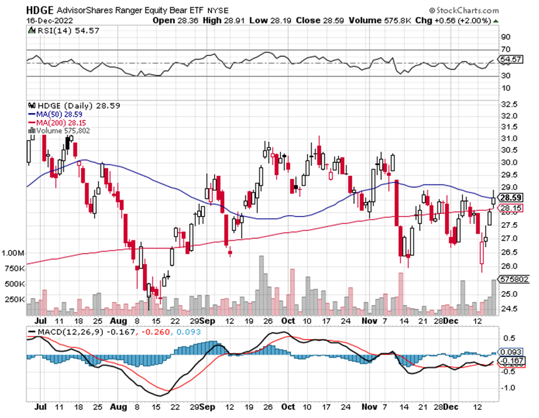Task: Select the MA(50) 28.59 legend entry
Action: click(x=53, y=115)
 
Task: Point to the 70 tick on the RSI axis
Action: click(x=504, y=49)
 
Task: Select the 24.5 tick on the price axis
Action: click(x=509, y=308)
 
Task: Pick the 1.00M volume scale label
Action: click(x=13, y=253)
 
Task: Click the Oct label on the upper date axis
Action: click(x=288, y=320)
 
